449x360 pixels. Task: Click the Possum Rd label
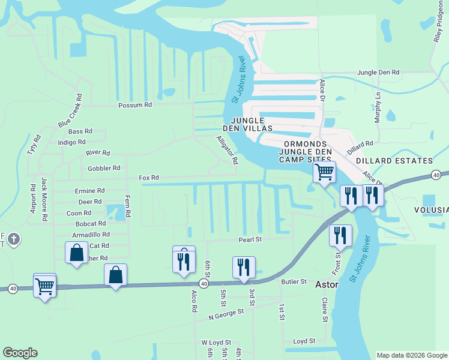(x=135, y=105)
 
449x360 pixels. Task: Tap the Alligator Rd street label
(x=228, y=150)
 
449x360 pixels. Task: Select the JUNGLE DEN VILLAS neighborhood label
(x=252, y=124)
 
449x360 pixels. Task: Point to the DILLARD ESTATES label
(x=394, y=161)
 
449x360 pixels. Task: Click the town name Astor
(x=327, y=286)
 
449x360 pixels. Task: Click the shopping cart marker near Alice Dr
(x=324, y=173)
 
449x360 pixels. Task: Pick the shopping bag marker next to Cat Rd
(x=77, y=253)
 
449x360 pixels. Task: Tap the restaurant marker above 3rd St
(x=244, y=267)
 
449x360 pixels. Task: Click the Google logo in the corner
(x=20, y=353)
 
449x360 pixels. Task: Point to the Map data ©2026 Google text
(x=411, y=355)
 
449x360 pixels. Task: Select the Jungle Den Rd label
(x=378, y=72)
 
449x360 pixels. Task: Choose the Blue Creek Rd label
(x=69, y=110)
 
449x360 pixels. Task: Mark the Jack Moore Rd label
(x=44, y=199)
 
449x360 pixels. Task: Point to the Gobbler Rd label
(x=104, y=168)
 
